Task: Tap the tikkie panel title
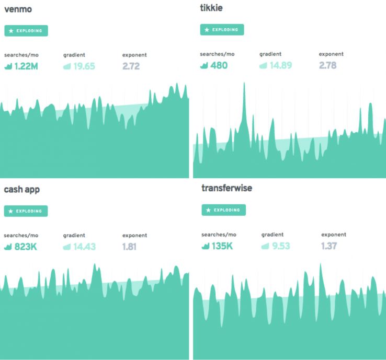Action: (211, 8)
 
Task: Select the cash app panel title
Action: (21, 189)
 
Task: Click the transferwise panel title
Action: (226, 188)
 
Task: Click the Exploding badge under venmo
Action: (26, 31)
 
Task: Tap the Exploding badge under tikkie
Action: (222, 30)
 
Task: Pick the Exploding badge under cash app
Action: (26, 211)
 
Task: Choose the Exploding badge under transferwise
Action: (223, 210)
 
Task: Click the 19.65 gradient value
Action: (83, 66)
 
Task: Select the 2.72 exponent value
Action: (131, 66)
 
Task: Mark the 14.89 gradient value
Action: (279, 65)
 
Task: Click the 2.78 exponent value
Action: (327, 65)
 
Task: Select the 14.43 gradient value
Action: (83, 247)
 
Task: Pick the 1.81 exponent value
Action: (130, 247)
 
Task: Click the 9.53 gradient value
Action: (279, 246)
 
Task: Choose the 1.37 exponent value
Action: (329, 246)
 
